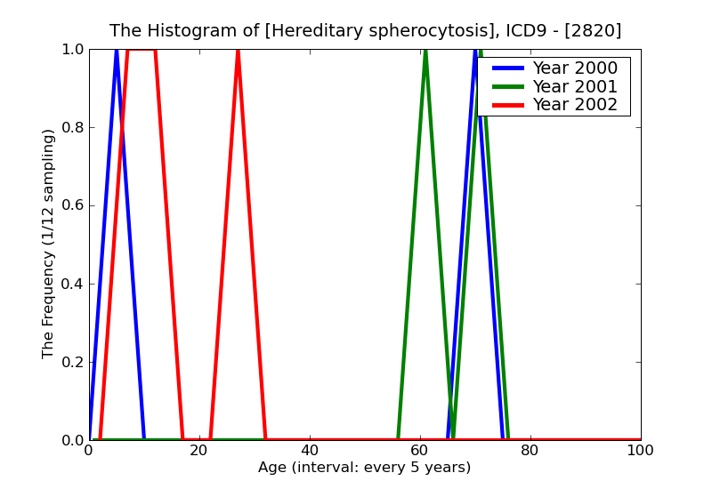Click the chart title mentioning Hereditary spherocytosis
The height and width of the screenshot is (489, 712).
pos(365,31)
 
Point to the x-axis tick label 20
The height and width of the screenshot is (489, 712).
pos(198,451)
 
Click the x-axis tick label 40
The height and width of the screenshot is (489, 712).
pos(309,451)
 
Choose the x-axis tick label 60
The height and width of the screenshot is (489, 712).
pos(419,451)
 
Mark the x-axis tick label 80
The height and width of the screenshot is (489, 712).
pos(530,451)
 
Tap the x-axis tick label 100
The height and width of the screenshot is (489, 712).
pos(640,451)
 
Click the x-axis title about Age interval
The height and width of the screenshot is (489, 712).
pos(364,468)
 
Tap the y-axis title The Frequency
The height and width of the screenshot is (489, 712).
pos(49,244)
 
